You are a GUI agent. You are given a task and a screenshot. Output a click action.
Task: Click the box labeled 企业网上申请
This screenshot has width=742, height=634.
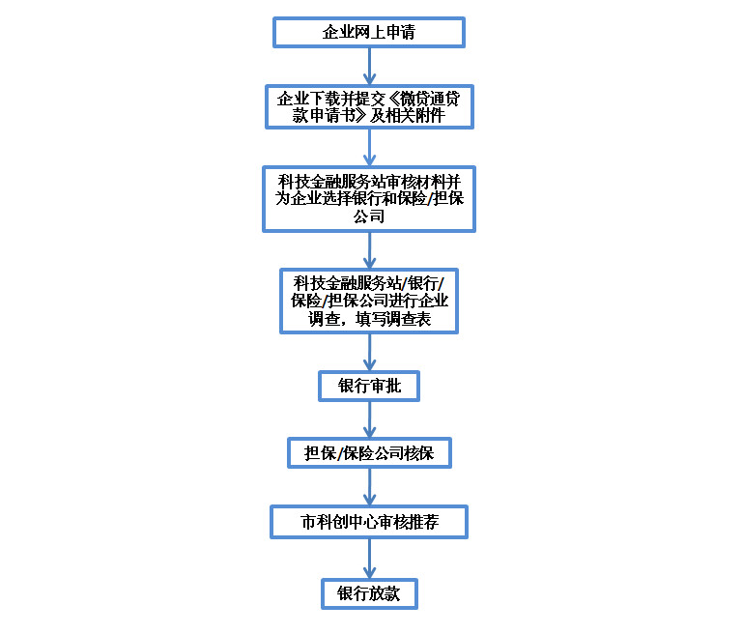point(369,32)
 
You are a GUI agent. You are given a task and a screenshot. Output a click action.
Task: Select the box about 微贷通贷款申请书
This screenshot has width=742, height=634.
point(369,106)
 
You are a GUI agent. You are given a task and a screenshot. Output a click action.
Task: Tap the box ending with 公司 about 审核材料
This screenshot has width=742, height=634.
point(369,199)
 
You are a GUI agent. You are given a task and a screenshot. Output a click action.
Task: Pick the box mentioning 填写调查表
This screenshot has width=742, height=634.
point(369,302)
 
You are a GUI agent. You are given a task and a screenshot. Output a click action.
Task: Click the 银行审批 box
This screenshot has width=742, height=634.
point(369,386)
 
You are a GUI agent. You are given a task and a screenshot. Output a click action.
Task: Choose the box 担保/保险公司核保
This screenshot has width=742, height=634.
point(369,453)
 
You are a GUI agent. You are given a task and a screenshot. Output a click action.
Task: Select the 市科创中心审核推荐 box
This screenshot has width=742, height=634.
point(369,522)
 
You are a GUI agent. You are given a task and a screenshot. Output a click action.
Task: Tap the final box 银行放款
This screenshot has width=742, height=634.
point(369,593)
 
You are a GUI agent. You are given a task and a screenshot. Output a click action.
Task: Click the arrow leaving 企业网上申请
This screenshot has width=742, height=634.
point(369,67)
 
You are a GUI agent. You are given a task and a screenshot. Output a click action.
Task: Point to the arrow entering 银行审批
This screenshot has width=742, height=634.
point(369,353)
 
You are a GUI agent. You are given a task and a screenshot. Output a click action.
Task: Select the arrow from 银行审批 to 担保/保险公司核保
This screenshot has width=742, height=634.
point(369,420)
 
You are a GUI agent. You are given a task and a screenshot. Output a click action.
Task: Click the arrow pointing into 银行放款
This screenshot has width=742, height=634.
point(369,559)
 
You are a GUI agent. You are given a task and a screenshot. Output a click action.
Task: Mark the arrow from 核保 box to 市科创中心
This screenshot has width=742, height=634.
point(369,487)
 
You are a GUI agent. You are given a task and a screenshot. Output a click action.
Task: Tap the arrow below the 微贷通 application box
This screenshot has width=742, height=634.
point(369,147)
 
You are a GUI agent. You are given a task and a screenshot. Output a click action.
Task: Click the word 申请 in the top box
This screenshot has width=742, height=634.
point(401,32)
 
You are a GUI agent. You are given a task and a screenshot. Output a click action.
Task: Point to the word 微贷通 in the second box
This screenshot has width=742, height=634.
point(422,99)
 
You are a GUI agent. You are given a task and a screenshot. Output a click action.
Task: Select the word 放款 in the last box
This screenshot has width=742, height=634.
point(385,593)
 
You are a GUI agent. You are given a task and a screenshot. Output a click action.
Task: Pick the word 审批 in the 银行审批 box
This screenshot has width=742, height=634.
point(385,386)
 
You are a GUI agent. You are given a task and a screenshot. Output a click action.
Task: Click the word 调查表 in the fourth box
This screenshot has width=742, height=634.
point(409,319)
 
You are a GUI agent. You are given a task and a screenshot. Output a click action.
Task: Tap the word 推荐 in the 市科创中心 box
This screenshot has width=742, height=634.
point(423,522)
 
